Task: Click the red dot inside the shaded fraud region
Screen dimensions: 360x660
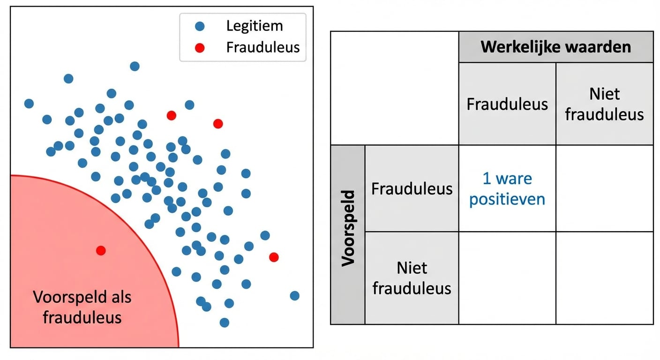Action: tap(101, 250)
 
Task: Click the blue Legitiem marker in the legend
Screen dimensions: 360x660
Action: tap(200, 26)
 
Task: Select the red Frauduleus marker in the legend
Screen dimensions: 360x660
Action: tap(200, 47)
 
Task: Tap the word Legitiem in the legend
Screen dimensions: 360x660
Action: tap(255, 26)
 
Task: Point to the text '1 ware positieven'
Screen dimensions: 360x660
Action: tap(507, 188)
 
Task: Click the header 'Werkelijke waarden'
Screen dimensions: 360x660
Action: tap(555, 47)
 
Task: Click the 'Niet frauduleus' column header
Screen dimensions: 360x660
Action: tap(604, 104)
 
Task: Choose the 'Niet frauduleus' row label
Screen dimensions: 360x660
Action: tap(412, 277)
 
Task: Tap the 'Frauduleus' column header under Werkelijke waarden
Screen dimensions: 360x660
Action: tap(507, 104)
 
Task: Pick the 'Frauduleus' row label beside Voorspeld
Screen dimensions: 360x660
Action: tap(412, 188)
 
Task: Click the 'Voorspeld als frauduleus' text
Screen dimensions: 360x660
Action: tap(82, 307)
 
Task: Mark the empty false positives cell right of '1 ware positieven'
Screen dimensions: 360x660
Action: tap(604, 188)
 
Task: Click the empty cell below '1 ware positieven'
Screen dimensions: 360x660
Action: tap(507, 277)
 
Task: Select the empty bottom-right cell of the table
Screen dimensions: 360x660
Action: tap(604, 277)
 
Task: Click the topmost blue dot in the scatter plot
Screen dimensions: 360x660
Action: tap(135, 66)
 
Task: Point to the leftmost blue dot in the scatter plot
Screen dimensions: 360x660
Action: tap(29, 104)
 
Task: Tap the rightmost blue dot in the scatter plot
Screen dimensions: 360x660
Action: tap(294, 295)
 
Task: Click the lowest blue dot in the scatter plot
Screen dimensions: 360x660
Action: tap(225, 322)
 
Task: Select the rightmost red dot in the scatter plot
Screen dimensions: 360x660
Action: tap(274, 257)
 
